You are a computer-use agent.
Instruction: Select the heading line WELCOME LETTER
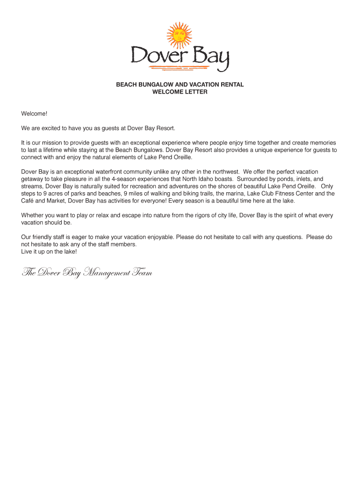[x=180, y=92]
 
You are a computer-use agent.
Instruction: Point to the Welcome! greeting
[x=34, y=114]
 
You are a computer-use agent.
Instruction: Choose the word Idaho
[x=217, y=179]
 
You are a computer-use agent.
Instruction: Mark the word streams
[x=32, y=186]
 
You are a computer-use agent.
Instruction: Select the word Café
[x=28, y=201]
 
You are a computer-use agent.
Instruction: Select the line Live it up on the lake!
[x=49, y=252]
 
